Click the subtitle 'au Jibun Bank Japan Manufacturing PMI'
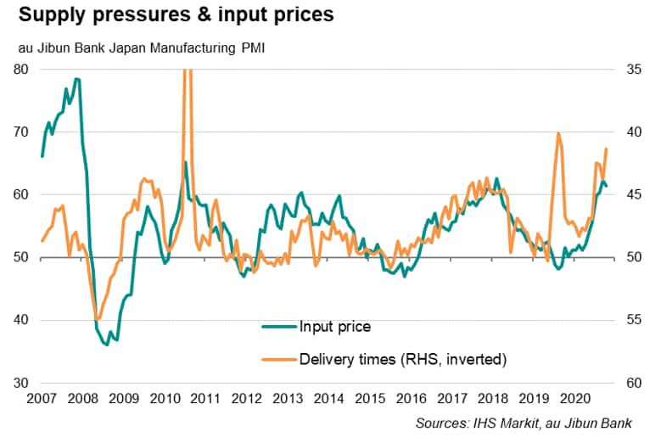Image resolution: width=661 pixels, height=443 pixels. click(141, 48)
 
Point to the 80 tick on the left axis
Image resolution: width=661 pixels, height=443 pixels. click(24, 70)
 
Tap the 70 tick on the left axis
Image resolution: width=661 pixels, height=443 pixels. click(24, 132)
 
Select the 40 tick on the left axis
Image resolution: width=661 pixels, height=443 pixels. click(24, 320)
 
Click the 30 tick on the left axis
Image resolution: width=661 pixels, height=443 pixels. click(24, 383)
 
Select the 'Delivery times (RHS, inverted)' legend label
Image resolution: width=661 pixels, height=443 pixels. click(403, 360)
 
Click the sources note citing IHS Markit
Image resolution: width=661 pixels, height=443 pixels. click(531, 423)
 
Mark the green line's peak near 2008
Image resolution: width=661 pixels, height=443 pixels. click(76, 79)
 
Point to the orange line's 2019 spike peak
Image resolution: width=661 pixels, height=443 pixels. click(557, 133)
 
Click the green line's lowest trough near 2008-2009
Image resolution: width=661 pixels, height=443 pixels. click(107, 345)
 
